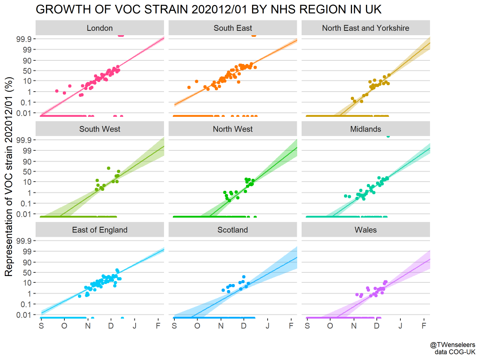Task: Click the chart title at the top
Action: (x=208, y=10)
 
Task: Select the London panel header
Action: (x=100, y=28)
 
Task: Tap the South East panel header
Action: (x=233, y=28)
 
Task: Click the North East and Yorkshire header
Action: (x=366, y=28)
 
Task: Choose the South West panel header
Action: (x=100, y=129)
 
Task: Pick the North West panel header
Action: (x=233, y=129)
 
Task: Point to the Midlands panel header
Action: (x=366, y=129)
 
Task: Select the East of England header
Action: (x=100, y=230)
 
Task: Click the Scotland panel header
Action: (x=233, y=230)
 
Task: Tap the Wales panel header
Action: (x=366, y=230)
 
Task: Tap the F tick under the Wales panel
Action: (x=424, y=326)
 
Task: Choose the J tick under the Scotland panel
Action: (x=267, y=326)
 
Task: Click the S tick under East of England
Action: (x=41, y=326)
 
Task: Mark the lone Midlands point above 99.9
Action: (x=388, y=136)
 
